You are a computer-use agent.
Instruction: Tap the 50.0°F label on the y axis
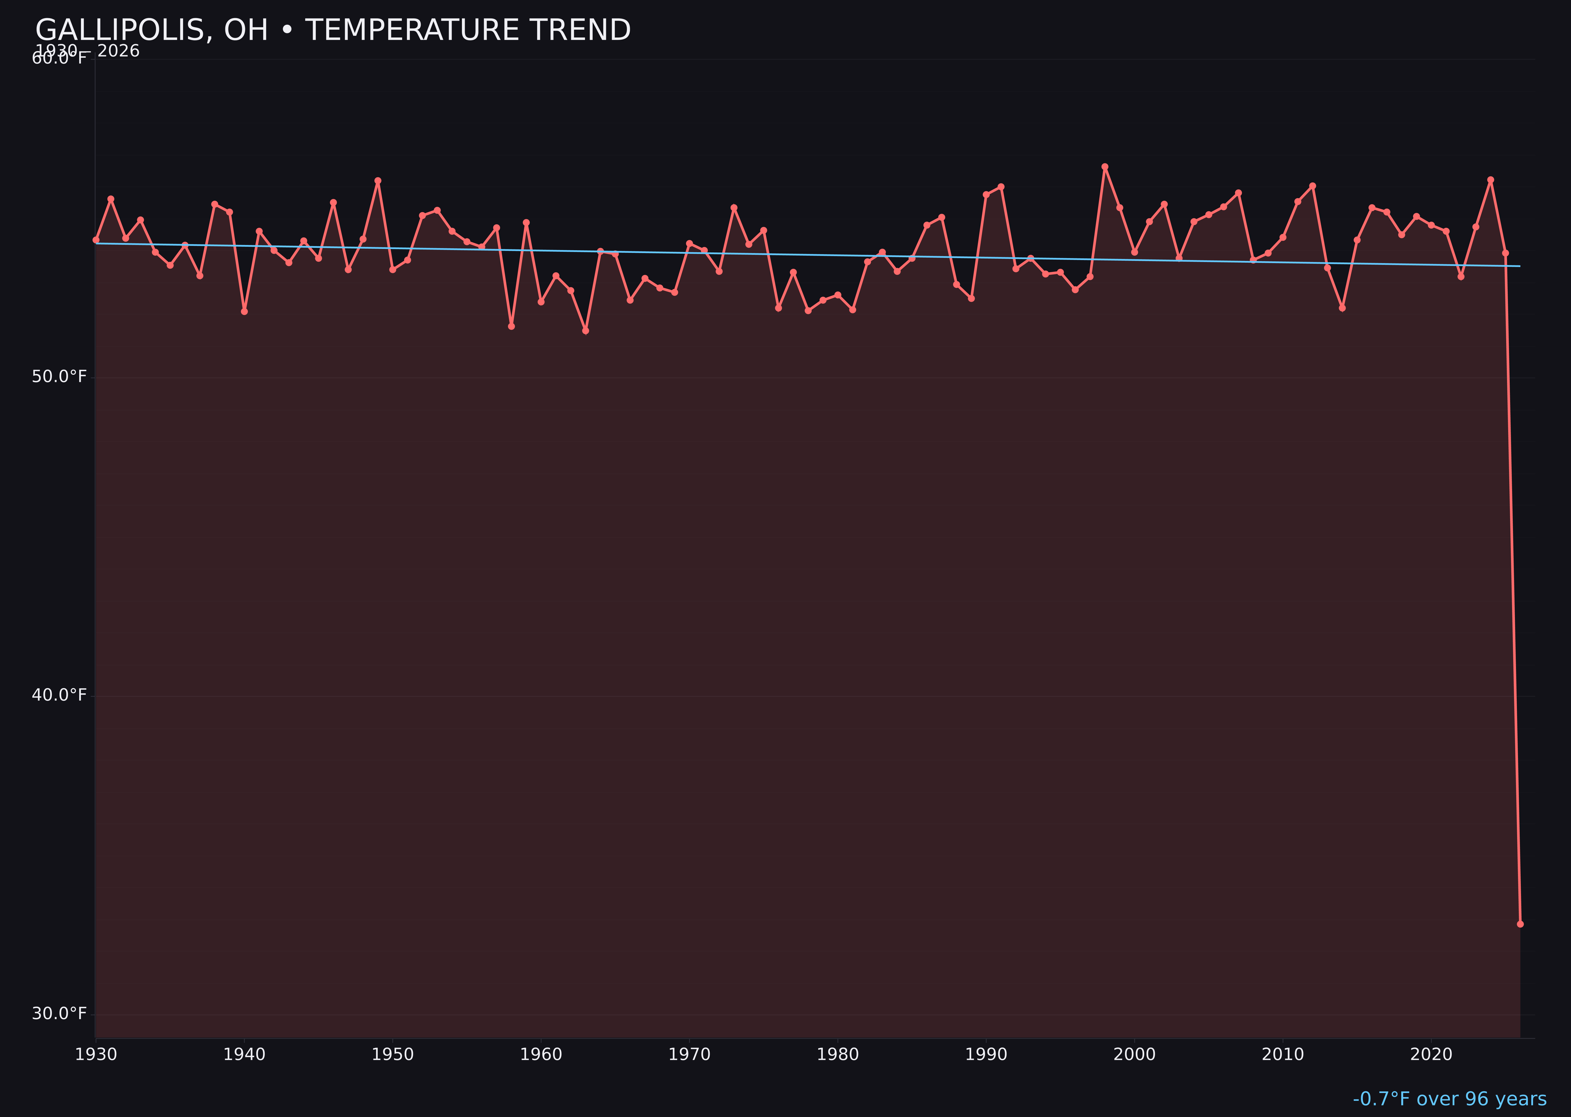point(59,377)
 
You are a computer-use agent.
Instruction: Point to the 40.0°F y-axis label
point(59,695)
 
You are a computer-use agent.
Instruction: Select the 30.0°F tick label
point(59,1014)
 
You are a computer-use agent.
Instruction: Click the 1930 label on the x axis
point(95,1055)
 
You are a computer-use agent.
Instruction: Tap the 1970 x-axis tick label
point(689,1055)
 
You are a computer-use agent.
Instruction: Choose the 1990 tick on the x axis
point(986,1055)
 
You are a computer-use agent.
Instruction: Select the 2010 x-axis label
point(1283,1055)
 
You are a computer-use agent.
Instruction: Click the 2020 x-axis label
point(1431,1055)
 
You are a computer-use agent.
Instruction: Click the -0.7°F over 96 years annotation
point(1449,1099)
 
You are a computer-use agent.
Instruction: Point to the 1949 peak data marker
point(377,181)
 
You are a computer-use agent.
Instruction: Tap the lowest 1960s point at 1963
point(585,331)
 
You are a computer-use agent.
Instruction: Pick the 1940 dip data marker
point(244,311)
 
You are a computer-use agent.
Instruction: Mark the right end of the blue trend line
point(1520,266)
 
